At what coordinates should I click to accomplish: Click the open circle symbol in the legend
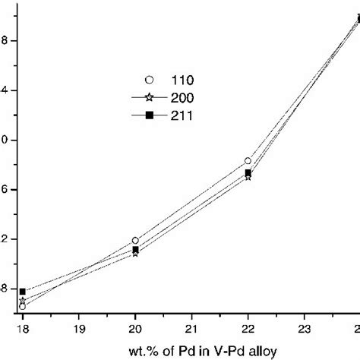pyautogui.click(x=150, y=79)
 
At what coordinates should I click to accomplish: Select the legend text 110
pyautogui.click(x=182, y=79)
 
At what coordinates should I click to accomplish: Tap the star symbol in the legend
pyautogui.click(x=150, y=97)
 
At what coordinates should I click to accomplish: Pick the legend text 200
pyautogui.click(x=182, y=97)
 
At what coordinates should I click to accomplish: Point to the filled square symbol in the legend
pyautogui.click(x=150, y=115)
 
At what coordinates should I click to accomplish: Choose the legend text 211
pyautogui.click(x=182, y=115)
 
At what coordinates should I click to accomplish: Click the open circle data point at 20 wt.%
pyautogui.click(x=135, y=240)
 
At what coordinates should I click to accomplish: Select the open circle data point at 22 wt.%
pyautogui.click(x=248, y=161)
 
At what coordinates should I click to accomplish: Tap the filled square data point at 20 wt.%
pyautogui.click(x=135, y=249)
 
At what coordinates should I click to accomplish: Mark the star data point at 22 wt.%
pyautogui.click(x=248, y=177)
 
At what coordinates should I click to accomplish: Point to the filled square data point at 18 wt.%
pyautogui.click(x=23, y=292)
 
